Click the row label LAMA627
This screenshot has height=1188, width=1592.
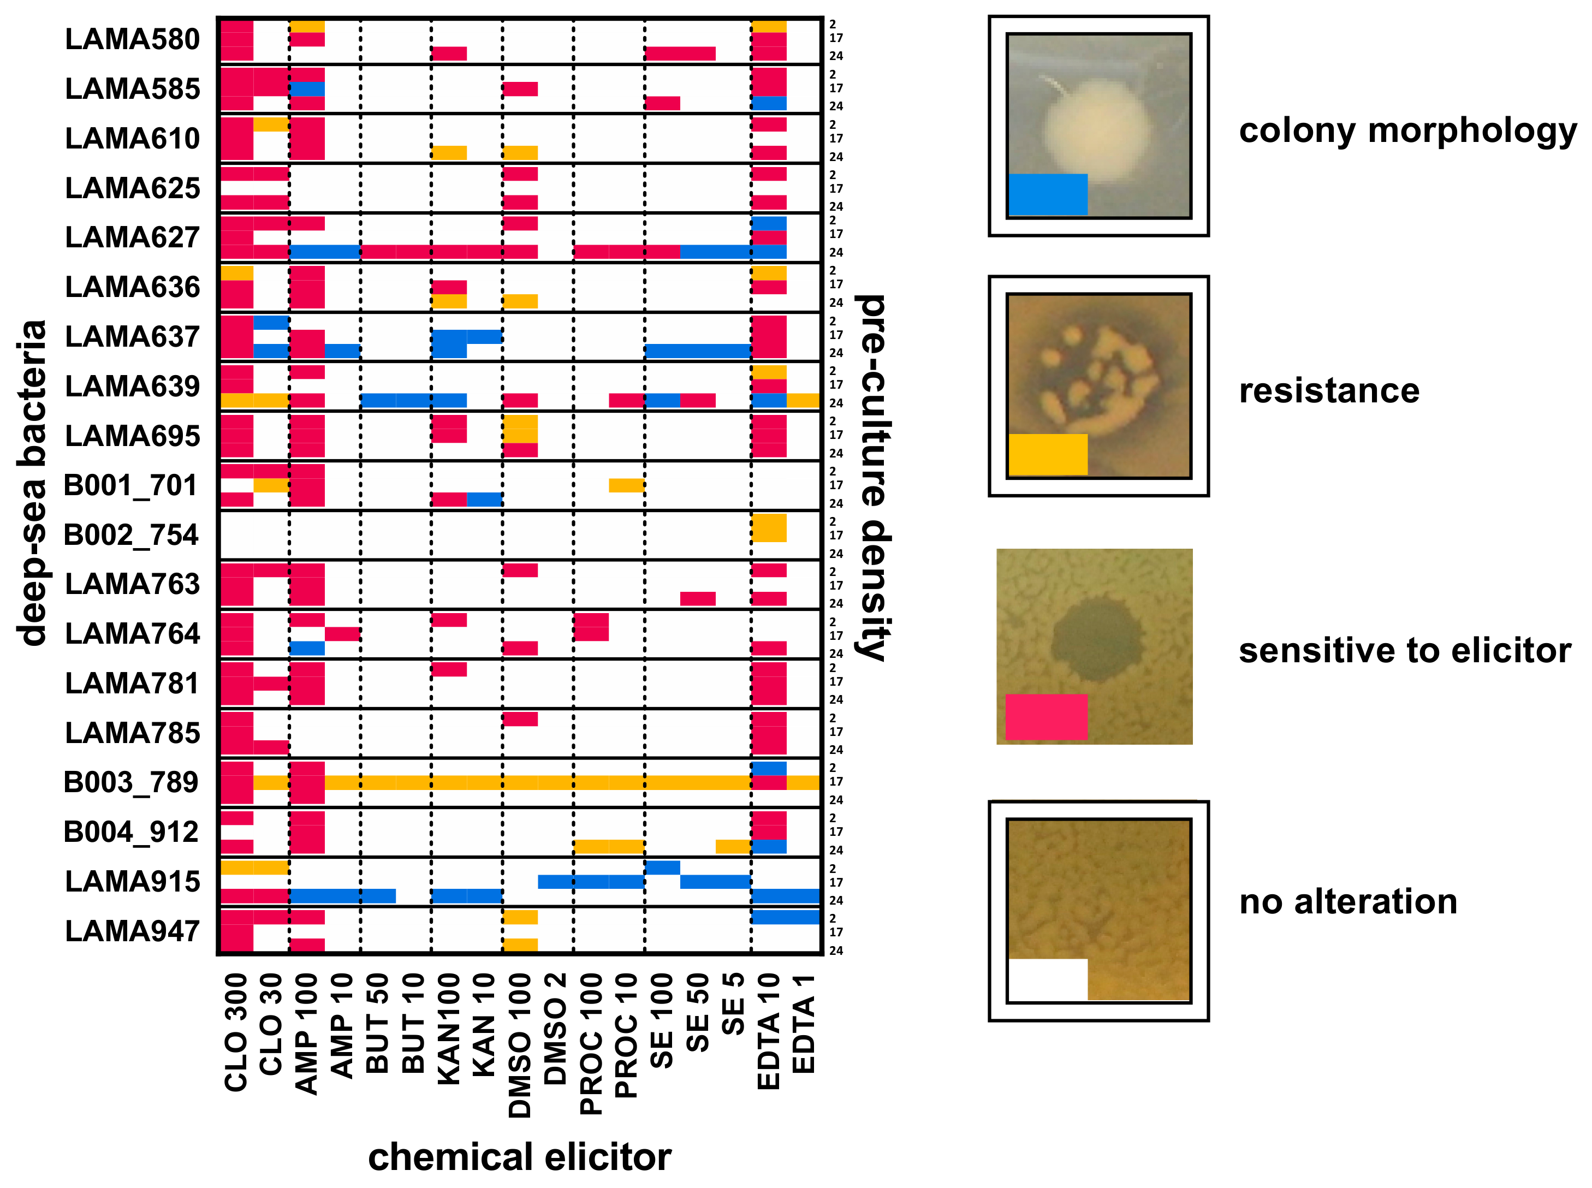click(x=132, y=237)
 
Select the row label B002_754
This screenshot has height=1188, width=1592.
click(x=131, y=535)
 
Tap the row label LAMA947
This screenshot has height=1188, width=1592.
click(x=132, y=931)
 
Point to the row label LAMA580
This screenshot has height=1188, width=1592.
click(x=132, y=39)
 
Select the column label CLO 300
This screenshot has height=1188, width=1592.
click(x=236, y=1032)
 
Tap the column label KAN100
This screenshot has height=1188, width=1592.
click(x=449, y=1029)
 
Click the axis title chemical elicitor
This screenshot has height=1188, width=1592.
click(x=519, y=1157)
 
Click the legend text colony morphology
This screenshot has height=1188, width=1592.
click(x=1407, y=131)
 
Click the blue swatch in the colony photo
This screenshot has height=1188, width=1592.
click(x=1048, y=194)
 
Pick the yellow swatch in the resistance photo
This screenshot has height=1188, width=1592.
click(x=1048, y=454)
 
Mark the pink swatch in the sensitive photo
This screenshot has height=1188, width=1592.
click(x=1046, y=716)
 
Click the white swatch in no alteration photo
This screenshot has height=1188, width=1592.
click(x=1048, y=979)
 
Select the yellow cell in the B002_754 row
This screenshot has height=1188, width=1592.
click(x=769, y=528)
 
